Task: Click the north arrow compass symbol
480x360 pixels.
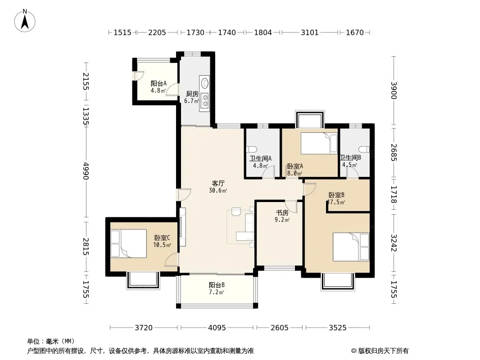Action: [25, 21]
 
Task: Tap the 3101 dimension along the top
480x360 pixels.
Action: [309, 32]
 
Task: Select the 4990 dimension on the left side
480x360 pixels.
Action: [86, 171]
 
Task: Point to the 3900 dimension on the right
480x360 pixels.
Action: [394, 91]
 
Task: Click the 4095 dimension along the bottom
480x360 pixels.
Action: [217, 328]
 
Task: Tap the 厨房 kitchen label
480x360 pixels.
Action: [192, 94]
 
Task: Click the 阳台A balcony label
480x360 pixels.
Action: [158, 83]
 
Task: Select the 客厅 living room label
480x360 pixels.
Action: [218, 184]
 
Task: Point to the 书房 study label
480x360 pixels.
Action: [282, 212]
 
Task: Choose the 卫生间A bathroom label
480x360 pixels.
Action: [260, 158]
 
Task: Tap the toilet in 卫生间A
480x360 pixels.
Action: [251, 149]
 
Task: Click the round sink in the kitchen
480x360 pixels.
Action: [205, 83]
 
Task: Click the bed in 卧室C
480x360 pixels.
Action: [128, 243]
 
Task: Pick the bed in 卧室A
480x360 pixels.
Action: [319, 143]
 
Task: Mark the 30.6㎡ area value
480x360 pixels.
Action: [218, 190]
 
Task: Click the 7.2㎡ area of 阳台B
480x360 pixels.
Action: [217, 292]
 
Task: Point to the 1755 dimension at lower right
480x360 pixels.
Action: [394, 289]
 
